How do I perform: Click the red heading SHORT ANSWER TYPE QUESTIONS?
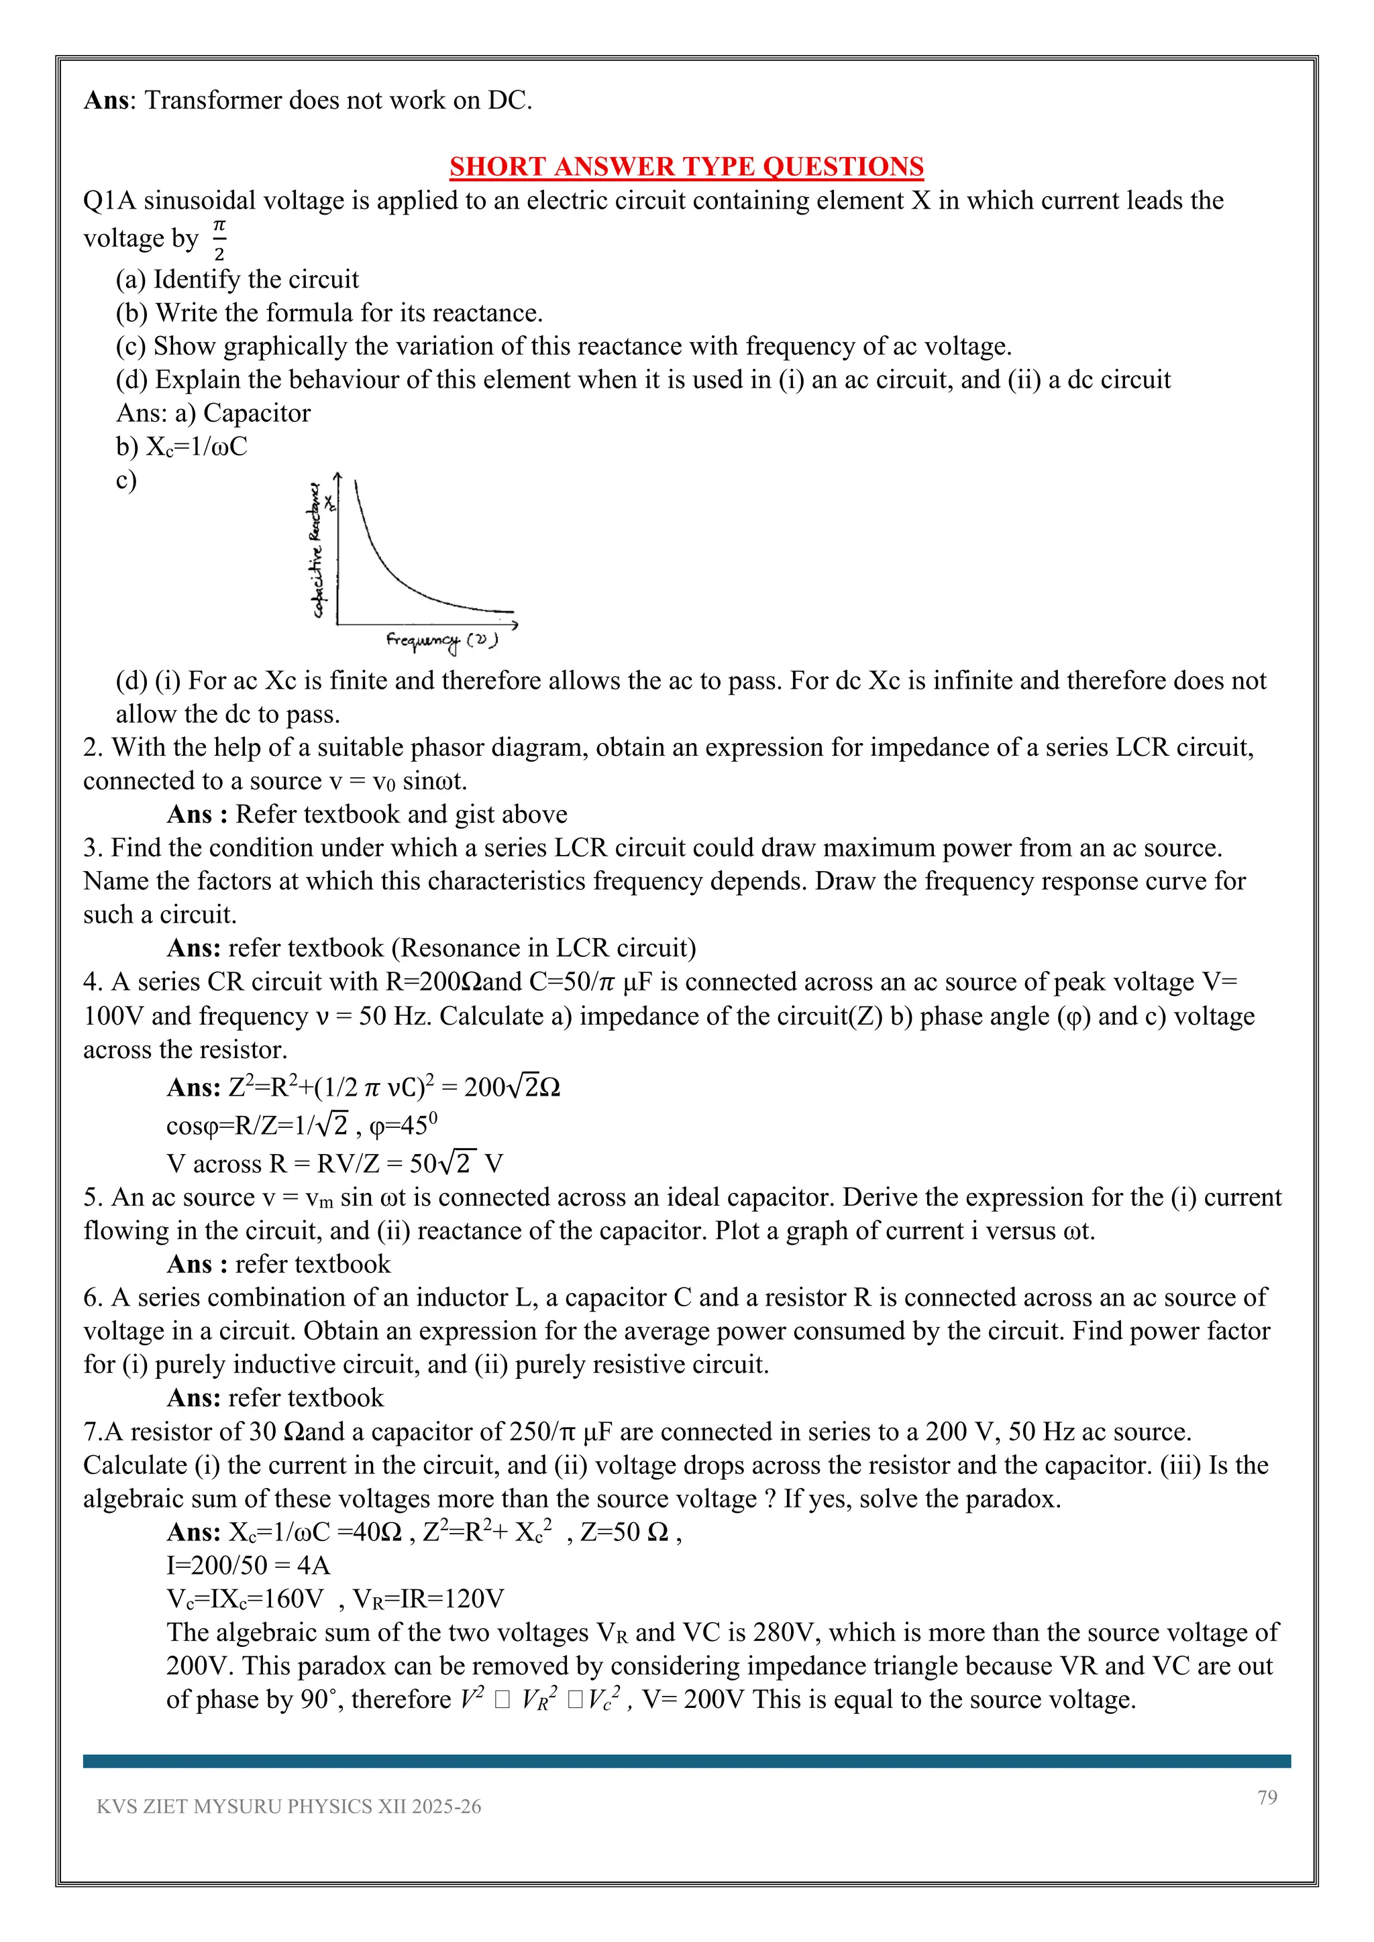[x=686, y=166]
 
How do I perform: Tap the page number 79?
[x=1267, y=1797]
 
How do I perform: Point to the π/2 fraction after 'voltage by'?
[x=219, y=239]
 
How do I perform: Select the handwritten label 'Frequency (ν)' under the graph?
[x=441, y=640]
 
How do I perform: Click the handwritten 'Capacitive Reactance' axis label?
[x=317, y=550]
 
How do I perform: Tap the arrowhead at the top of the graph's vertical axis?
[x=337, y=477]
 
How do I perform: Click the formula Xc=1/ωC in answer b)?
[x=197, y=447]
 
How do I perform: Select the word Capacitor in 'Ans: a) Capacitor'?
[x=256, y=413]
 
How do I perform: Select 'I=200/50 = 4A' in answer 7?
[x=248, y=1566]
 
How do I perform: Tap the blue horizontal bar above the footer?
[x=686, y=1761]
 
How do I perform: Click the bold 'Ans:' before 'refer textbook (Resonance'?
[x=194, y=948]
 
